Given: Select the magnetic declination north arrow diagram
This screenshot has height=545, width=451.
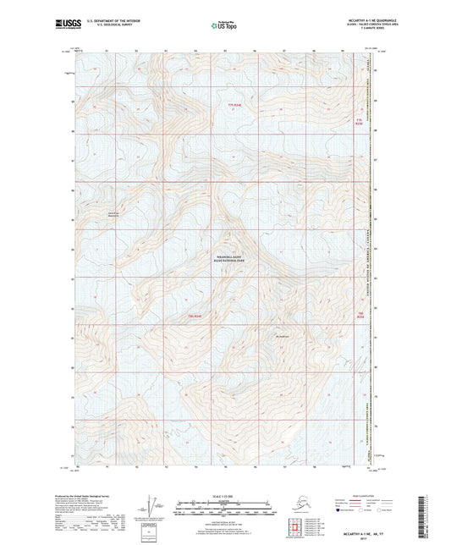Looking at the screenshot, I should pyautogui.click(x=152, y=506).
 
